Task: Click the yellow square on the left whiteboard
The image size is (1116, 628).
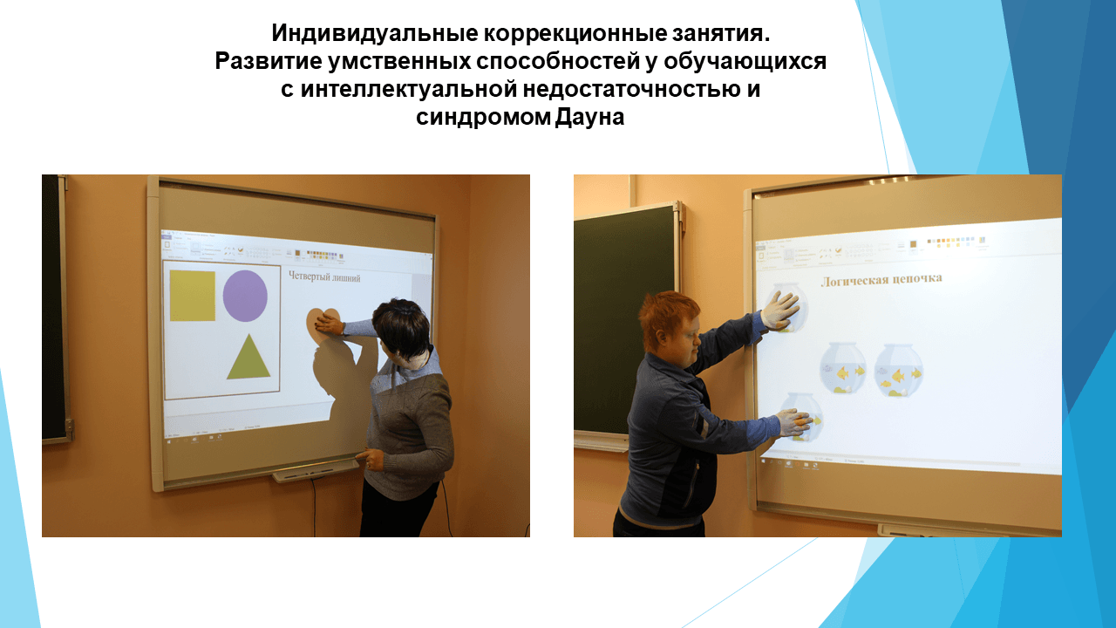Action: pos(192,296)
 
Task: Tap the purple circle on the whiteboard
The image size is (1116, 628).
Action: pos(245,296)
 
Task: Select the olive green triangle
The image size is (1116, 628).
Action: pos(248,359)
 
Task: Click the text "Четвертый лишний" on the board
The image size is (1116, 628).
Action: pos(324,277)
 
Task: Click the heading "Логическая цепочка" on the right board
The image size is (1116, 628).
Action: pos(881,279)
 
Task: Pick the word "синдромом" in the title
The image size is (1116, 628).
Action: pos(481,117)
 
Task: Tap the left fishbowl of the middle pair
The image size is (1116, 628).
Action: pos(843,368)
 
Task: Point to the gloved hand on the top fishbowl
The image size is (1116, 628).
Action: pos(780,309)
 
